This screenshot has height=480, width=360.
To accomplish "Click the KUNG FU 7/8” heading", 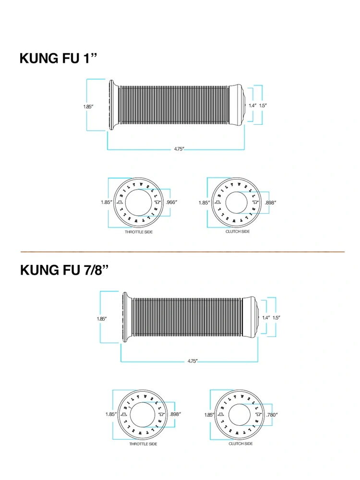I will point(64,270).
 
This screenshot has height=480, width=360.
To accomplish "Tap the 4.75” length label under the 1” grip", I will point(179,149).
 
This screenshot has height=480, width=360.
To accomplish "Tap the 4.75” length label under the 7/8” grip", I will point(192,361).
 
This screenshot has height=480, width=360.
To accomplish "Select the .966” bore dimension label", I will point(171,203).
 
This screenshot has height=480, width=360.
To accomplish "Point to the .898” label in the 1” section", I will point(271,203).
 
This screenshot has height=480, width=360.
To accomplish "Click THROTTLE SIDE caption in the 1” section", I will point(139,232).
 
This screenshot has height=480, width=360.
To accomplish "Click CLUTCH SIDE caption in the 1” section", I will point(238,232).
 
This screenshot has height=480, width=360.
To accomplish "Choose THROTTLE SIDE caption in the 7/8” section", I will point(143,444).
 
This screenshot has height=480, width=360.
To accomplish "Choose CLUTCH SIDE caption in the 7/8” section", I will point(240,444).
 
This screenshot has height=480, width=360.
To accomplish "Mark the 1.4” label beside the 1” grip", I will point(252,105).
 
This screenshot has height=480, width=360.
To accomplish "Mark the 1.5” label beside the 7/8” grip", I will point(276,317).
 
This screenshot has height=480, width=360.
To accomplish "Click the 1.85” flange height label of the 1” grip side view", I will point(88,107).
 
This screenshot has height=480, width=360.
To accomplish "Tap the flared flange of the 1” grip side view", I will point(112,105).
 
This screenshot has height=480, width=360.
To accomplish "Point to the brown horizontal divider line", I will point(182,252).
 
